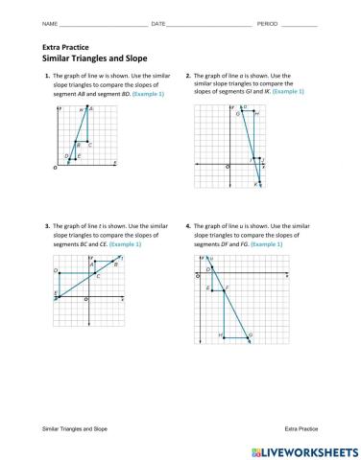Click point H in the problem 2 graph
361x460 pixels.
coord(255,113)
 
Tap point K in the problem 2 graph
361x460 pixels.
coord(257,183)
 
